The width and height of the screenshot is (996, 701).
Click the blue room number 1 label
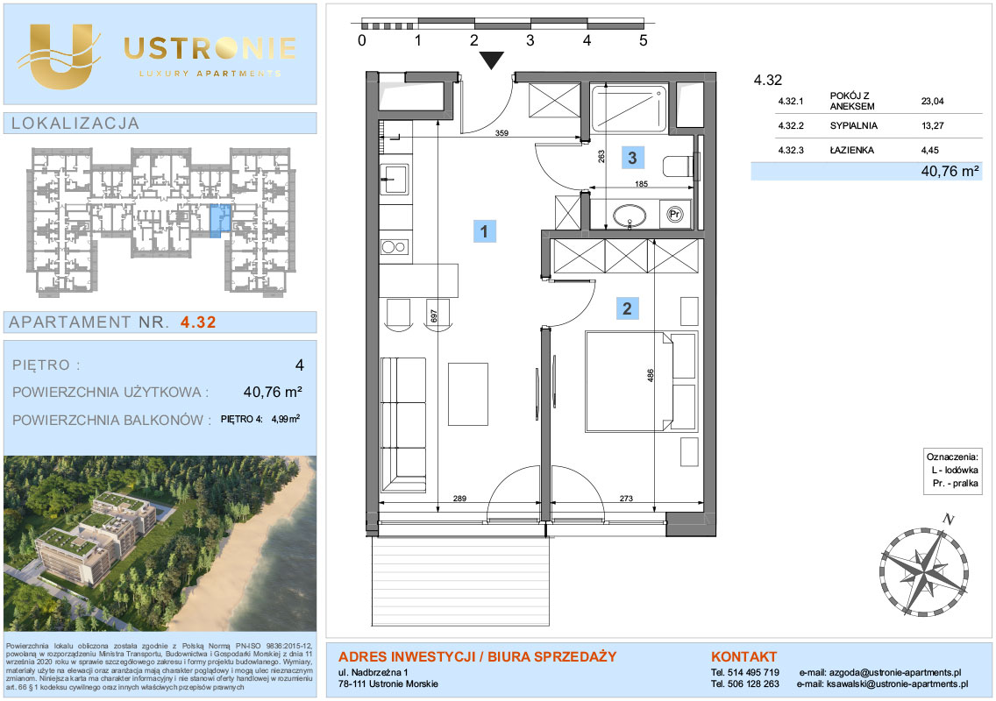pyautogui.click(x=484, y=231)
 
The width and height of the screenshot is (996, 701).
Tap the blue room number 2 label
pyautogui.click(x=627, y=308)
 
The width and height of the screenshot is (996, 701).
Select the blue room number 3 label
pyautogui.click(x=632, y=158)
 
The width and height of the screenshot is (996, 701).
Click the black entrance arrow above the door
pyautogui.click(x=492, y=60)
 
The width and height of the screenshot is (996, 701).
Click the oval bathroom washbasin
pyautogui.click(x=630, y=216)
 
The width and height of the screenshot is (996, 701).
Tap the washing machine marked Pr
pyautogui.click(x=675, y=215)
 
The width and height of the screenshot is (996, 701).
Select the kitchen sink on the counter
pyautogui.click(x=395, y=179)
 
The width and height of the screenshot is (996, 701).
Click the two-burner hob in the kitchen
pyautogui.click(x=395, y=246)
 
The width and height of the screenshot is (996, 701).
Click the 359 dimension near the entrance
pyautogui.click(x=502, y=133)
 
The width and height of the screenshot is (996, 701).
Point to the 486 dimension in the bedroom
pyautogui.click(x=650, y=375)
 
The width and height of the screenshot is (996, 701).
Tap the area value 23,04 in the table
pyautogui.click(x=933, y=101)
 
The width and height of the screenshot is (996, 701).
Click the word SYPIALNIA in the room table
pyautogui.click(x=854, y=125)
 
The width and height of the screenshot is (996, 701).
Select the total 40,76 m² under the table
pyautogui.click(x=950, y=171)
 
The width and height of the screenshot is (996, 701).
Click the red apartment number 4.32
pyautogui.click(x=198, y=322)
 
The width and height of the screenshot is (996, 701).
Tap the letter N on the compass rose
pyautogui.click(x=949, y=520)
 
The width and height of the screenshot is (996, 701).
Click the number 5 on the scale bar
pyautogui.click(x=644, y=40)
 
